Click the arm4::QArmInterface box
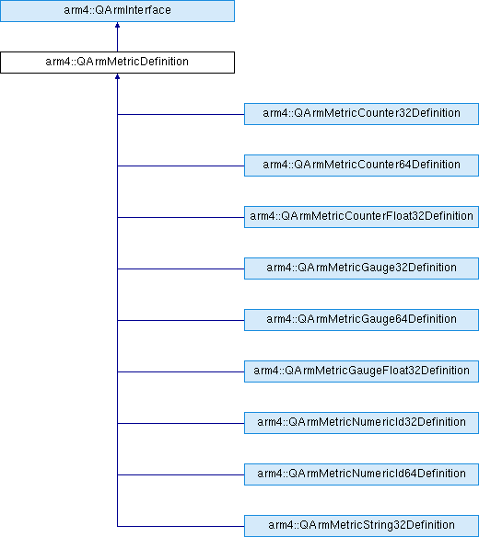point(117,11)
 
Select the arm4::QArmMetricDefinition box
point(117,63)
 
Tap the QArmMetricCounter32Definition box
point(361,114)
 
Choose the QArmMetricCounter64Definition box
point(361,166)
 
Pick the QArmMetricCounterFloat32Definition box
point(361,217)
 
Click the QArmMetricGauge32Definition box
point(361,268)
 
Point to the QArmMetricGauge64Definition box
point(361,320)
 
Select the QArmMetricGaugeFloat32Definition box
point(361,371)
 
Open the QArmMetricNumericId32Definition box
point(361,423)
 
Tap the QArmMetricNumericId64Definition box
point(361,474)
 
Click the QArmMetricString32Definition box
point(361,526)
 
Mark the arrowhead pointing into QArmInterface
point(117,25)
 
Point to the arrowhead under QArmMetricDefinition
point(117,76)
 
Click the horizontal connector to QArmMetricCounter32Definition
point(181,114)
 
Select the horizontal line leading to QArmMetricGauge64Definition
point(181,321)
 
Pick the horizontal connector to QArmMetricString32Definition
point(181,526)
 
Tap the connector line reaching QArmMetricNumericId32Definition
point(181,423)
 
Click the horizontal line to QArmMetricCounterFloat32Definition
point(181,218)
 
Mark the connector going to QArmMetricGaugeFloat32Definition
point(181,371)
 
